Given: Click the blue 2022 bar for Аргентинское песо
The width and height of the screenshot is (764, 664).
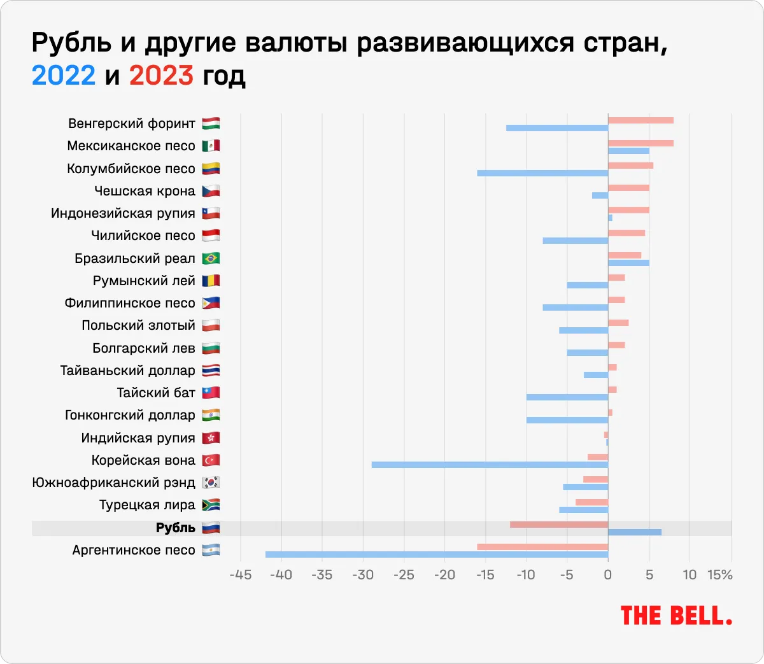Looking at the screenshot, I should [x=437, y=555].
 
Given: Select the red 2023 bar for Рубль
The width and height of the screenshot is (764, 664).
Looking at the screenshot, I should [x=559, y=524].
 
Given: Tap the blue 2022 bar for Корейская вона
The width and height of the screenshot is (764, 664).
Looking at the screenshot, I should [x=490, y=465].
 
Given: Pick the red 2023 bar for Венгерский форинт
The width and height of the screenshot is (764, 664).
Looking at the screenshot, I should [x=640, y=120].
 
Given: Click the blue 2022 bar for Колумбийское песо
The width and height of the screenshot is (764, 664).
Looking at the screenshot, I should [x=542, y=173].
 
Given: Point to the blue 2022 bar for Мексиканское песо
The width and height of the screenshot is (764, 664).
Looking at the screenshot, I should [x=628, y=151].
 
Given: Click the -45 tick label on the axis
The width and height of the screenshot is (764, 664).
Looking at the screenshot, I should [x=240, y=575].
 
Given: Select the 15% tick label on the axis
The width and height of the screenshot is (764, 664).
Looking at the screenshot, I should [x=720, y=575].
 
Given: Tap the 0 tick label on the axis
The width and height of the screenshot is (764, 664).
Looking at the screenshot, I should [x=608, y=575].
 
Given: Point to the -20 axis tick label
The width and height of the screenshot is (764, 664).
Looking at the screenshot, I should [x=444, y=575].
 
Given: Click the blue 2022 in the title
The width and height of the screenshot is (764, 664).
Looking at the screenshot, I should [x=64, y=76].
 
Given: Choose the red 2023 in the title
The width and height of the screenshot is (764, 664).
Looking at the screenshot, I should [x=161, y=76].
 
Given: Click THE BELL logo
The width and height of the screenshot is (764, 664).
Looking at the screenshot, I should [x=676, y=616].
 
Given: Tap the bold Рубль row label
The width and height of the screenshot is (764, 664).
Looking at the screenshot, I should [x=176, y=528].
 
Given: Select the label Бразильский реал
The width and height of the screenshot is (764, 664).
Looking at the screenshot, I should [x=135, y=258].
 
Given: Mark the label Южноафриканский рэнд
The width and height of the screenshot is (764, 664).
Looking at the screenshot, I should [x=114, y=483].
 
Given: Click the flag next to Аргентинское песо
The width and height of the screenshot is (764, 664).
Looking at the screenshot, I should [x=211, y=550].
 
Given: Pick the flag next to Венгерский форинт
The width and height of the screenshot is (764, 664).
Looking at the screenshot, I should [x=211, y=124].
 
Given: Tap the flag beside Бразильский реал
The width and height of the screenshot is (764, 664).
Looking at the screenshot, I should [x=211, y=258].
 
